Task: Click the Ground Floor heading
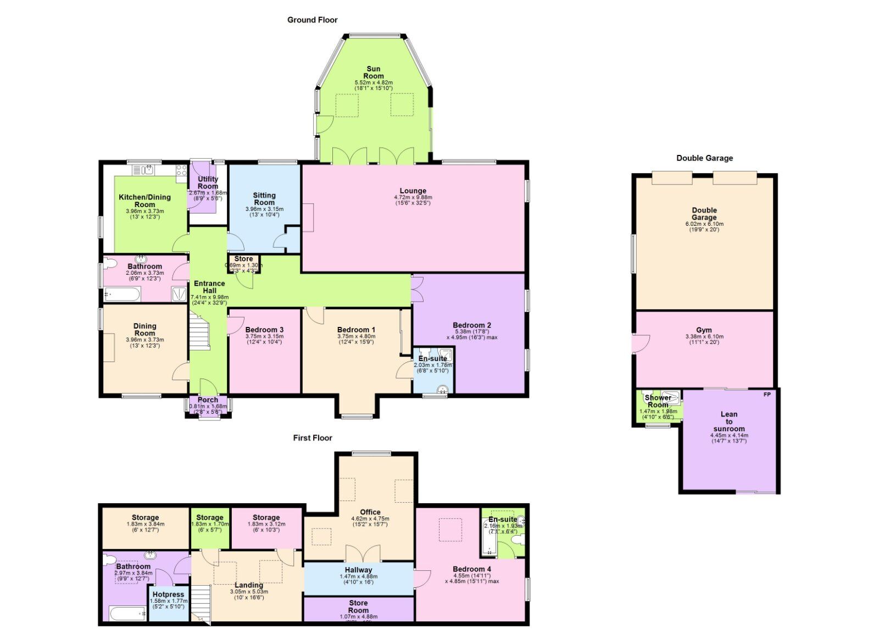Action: point(312,20)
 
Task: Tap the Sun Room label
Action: point(374,73)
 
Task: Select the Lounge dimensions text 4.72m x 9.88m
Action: point(413,197)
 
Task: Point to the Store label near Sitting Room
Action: point(243,259)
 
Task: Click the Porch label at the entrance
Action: point(208,400)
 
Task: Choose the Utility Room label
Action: point(208,182)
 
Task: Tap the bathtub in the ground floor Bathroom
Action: point(122,295)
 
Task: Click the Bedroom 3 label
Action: point(264,330)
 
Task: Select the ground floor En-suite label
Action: point(433,358)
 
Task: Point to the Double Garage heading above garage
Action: point(704,158)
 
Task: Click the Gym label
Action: point(704,330)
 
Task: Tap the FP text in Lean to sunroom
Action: point(767,394)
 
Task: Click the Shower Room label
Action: point(658,401)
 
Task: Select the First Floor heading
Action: point(312,438)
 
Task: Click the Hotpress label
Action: point(168,594)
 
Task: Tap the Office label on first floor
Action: point(370,512)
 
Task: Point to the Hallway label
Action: point(358,570)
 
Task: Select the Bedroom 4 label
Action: point(472,569)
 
